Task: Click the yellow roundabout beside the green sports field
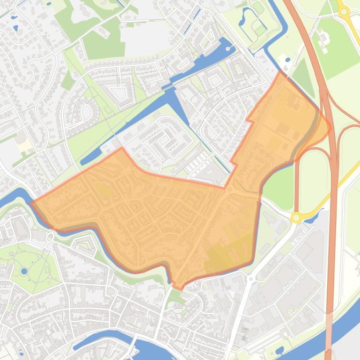(x=344, y=11)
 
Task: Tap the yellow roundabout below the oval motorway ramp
(x=296, y=217)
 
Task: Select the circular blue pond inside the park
(x=24, y=271)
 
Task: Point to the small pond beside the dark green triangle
(x=287, y=60)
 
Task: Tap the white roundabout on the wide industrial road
(x=251, y=279)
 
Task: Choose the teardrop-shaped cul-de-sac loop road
(x=86, y=112)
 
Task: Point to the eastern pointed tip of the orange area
(x=331, y=126)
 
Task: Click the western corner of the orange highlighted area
(x=31, y=203)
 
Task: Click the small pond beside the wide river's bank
(x=279, y=350)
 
